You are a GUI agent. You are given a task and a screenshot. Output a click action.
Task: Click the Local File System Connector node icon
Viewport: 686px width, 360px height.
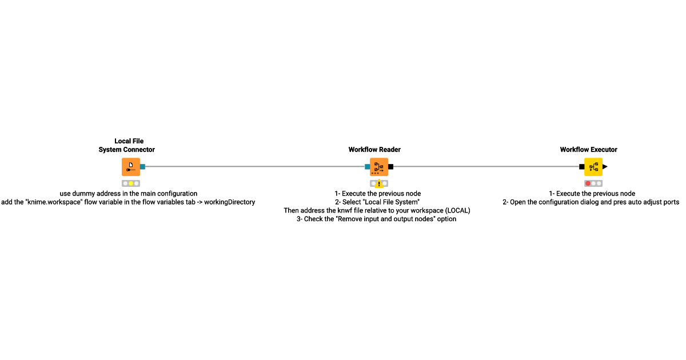pos(131,167)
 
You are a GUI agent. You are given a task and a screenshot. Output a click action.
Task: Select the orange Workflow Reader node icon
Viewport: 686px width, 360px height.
pos(379,167)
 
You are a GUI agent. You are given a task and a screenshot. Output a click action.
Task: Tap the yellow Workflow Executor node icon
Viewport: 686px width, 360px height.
pos(593,167)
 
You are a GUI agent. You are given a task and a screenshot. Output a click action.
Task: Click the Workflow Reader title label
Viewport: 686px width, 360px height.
pos(374,150)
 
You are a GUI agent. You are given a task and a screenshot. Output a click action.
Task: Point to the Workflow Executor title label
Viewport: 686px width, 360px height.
pos(588,150)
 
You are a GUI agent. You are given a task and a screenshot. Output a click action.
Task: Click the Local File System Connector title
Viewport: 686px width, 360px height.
pos(126,145)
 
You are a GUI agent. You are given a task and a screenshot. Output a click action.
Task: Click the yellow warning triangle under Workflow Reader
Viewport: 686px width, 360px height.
pos(379,183)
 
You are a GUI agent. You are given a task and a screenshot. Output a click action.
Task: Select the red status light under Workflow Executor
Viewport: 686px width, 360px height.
pos(588,183)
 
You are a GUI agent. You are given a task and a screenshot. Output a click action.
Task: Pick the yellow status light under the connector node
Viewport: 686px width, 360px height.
pos(131,183)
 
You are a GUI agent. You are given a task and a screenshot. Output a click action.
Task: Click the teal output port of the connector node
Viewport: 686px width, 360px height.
pos(143,167)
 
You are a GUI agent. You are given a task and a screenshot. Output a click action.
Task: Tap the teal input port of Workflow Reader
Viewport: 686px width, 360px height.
pos(367,167)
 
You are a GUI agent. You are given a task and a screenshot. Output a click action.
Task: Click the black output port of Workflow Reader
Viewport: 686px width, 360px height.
pos(391,167)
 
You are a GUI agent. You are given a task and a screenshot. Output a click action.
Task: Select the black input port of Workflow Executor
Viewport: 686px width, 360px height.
pos(581,167)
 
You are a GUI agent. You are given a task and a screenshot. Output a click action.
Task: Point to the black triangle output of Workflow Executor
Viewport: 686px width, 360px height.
pos(605,167)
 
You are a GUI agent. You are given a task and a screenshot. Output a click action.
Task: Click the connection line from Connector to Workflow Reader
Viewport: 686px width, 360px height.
pos(255,166)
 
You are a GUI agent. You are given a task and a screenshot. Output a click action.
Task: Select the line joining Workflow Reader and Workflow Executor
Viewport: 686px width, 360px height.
pos(486,166)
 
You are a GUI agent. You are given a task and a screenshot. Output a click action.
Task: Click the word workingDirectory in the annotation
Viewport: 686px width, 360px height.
pos(229,202)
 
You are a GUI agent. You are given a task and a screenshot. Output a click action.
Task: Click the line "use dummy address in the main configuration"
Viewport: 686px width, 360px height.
pos(128,194)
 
